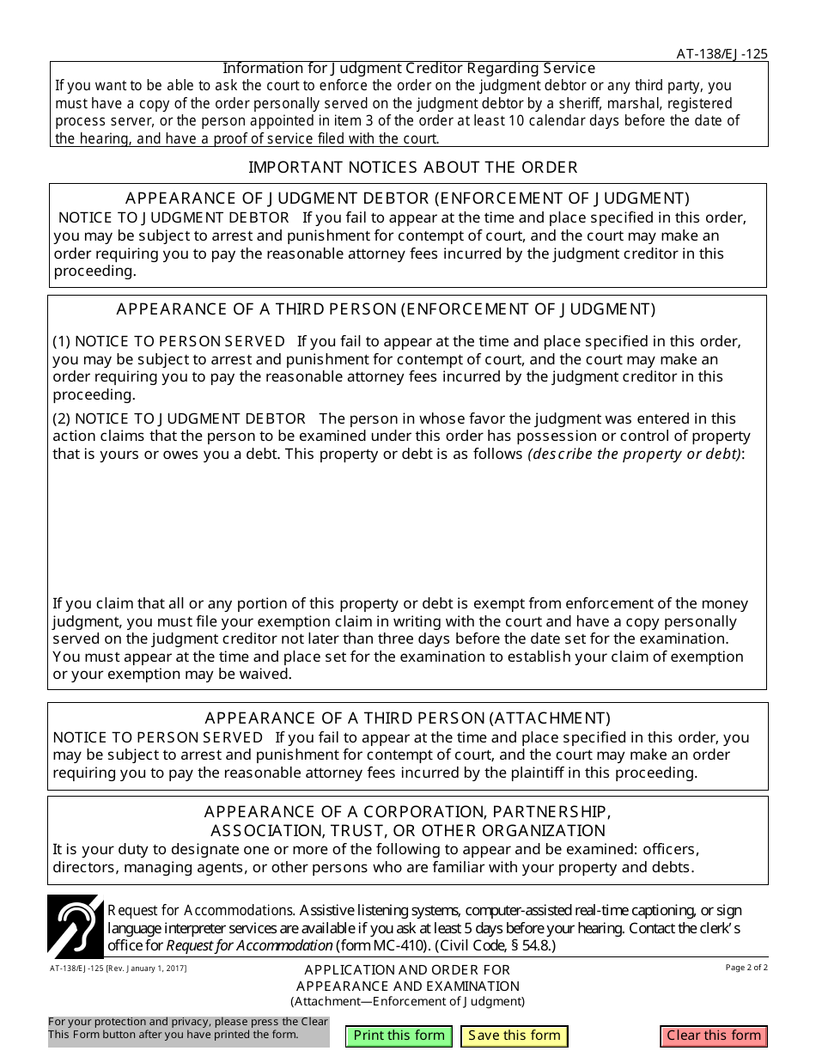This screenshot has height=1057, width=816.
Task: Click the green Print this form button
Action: coord(399,1036)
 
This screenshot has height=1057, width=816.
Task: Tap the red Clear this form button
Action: coord(714,1036)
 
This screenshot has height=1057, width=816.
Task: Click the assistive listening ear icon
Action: coord(75,926)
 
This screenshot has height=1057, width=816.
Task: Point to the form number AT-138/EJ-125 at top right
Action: coord(722,53)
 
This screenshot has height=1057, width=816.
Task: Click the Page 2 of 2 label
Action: coord(746,968)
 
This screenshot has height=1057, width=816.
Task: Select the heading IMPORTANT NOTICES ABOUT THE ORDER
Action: coord(413,167)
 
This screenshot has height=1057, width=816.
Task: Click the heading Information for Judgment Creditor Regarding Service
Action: coord(409,68)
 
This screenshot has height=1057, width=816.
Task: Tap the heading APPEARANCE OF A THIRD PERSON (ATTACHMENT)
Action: coord(407,718)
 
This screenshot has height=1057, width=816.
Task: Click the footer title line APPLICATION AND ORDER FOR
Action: coord(407,969)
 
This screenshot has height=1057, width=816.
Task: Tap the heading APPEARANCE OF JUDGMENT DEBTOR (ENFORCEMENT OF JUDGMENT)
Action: coord(407,199)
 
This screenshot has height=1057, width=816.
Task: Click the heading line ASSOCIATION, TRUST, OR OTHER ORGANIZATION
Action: coord(407,830)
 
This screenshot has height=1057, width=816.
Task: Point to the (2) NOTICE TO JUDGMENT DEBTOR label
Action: coord(180,419)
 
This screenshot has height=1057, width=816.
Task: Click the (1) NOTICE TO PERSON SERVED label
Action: coord(169,341)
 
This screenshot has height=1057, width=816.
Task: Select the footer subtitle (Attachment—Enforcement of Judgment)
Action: coord(407,1001)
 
